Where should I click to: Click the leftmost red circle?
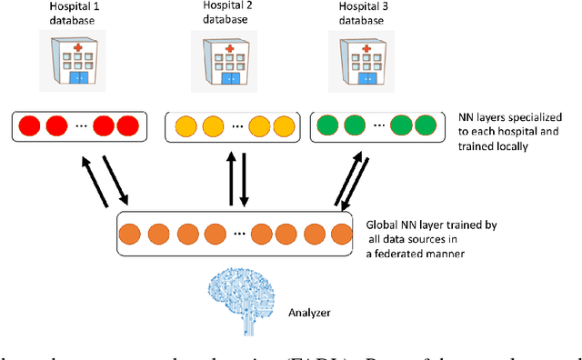32,125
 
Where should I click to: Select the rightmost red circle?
127,125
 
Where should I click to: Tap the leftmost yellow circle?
187,125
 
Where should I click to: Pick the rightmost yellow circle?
284,125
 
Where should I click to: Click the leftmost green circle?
329,125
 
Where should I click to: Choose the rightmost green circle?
426,125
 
